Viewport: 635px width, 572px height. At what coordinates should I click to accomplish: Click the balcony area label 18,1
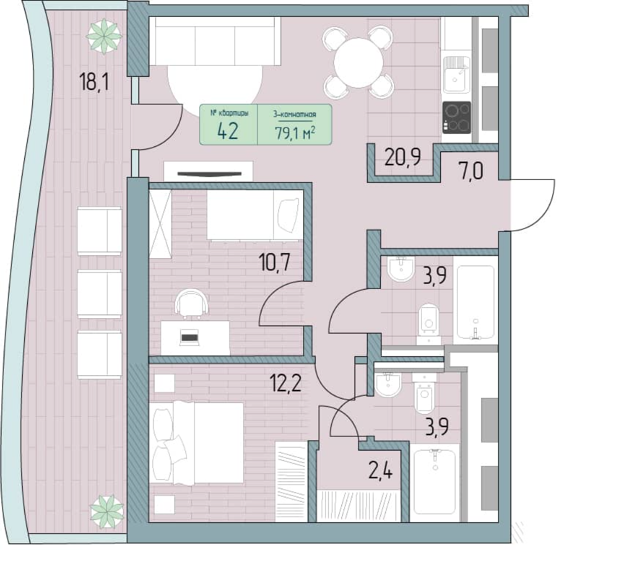[94, 82]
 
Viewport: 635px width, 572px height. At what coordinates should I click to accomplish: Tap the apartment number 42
[228, 131]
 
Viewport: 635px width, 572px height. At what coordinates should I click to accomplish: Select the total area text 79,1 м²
[295, 132]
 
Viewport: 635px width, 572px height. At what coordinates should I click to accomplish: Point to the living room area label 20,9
[403, 157]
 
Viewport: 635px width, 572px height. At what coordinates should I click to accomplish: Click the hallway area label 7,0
[471, 171]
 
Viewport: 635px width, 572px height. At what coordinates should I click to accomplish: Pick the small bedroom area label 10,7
[275, 263]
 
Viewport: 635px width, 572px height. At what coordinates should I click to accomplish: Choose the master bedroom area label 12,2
[286, 383]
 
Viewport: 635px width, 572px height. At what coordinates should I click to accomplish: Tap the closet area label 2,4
[380, 470]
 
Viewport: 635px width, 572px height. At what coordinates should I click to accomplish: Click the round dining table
[358, 63]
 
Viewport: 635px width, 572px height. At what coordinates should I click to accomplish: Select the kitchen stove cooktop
[456, 117]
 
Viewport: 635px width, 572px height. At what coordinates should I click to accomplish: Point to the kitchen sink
[456, 75]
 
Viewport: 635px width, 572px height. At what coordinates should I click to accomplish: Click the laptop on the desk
[189, 337]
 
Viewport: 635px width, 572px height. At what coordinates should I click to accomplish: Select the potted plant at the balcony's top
[104, 36]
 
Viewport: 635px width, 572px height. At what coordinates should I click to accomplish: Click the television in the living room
[209, 174]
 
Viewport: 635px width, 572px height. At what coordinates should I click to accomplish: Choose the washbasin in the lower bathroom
[388, 385]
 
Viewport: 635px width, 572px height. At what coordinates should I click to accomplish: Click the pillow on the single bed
[289, 216]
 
